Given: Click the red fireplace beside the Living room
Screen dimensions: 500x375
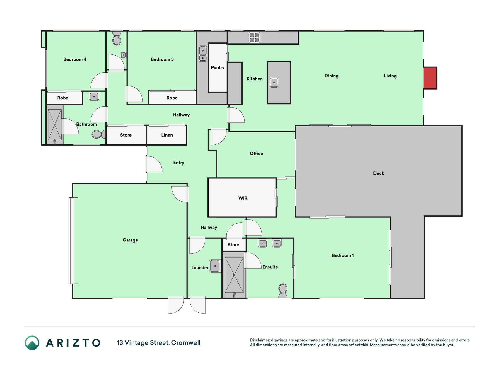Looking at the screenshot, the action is coord(430,78).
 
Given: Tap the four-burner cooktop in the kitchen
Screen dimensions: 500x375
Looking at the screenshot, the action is coord(254,37).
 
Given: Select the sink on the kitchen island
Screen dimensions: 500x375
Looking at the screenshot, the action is coord(274,83).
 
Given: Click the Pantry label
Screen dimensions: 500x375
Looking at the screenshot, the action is coord(218,67).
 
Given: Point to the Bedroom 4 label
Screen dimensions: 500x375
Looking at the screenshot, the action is coord(75,59).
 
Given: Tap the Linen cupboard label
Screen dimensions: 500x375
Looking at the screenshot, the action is coord(167,135).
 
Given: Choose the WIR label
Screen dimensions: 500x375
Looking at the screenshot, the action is coord(243,198).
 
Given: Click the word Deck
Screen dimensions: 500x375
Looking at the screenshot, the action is coord(378,173).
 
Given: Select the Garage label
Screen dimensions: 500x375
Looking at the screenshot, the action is coord(130,240).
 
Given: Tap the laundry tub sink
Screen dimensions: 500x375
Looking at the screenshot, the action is coord(215,266).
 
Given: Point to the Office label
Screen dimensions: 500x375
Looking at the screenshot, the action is coord(256,154).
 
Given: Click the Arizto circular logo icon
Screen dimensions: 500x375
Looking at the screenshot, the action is coord(32,343).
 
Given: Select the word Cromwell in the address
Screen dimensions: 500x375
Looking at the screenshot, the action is coord(186,343).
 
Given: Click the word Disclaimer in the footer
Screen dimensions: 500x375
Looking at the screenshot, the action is coord(260,340).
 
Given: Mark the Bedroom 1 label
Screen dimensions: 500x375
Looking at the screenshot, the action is coord(342,255).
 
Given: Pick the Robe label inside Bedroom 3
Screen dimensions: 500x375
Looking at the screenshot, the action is coord(172,98).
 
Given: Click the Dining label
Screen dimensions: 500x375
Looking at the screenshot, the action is coord(331,76).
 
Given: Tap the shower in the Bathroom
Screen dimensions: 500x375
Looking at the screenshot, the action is coord(55,125).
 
